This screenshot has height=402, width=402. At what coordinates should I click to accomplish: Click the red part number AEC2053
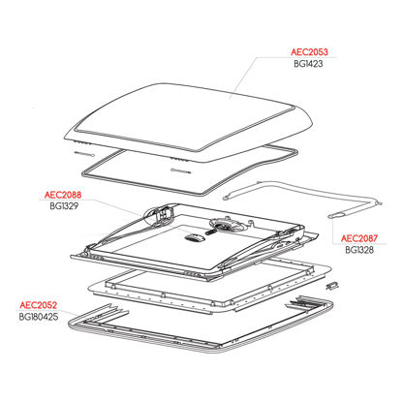309,52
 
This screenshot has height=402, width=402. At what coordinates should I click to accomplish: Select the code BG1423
308,64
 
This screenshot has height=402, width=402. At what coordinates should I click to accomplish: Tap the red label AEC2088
63,195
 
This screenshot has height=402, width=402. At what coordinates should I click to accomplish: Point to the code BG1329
64,206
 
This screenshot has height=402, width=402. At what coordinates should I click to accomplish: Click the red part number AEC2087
359,238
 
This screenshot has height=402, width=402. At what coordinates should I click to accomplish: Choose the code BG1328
359,250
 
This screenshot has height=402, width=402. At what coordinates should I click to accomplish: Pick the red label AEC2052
39,305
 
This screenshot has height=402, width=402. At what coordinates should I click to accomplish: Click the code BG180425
39,317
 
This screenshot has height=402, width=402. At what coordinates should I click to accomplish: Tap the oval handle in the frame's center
195,238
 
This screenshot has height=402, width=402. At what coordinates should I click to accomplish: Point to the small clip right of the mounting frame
331,285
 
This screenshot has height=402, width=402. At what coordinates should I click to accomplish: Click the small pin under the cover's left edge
84,154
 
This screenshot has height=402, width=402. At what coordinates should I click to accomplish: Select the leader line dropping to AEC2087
333,231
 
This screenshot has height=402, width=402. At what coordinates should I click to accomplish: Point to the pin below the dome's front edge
181,171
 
